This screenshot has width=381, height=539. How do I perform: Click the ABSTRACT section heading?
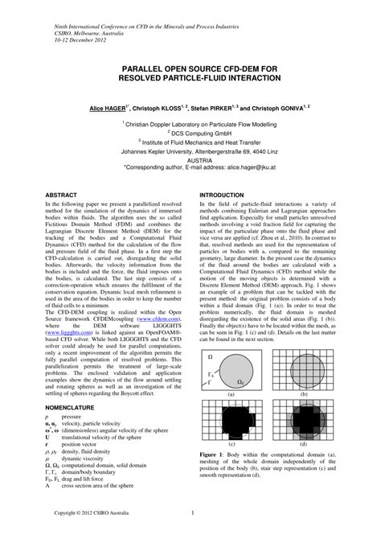coord(63,195)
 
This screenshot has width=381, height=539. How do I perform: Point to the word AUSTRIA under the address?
coord(190,158)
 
